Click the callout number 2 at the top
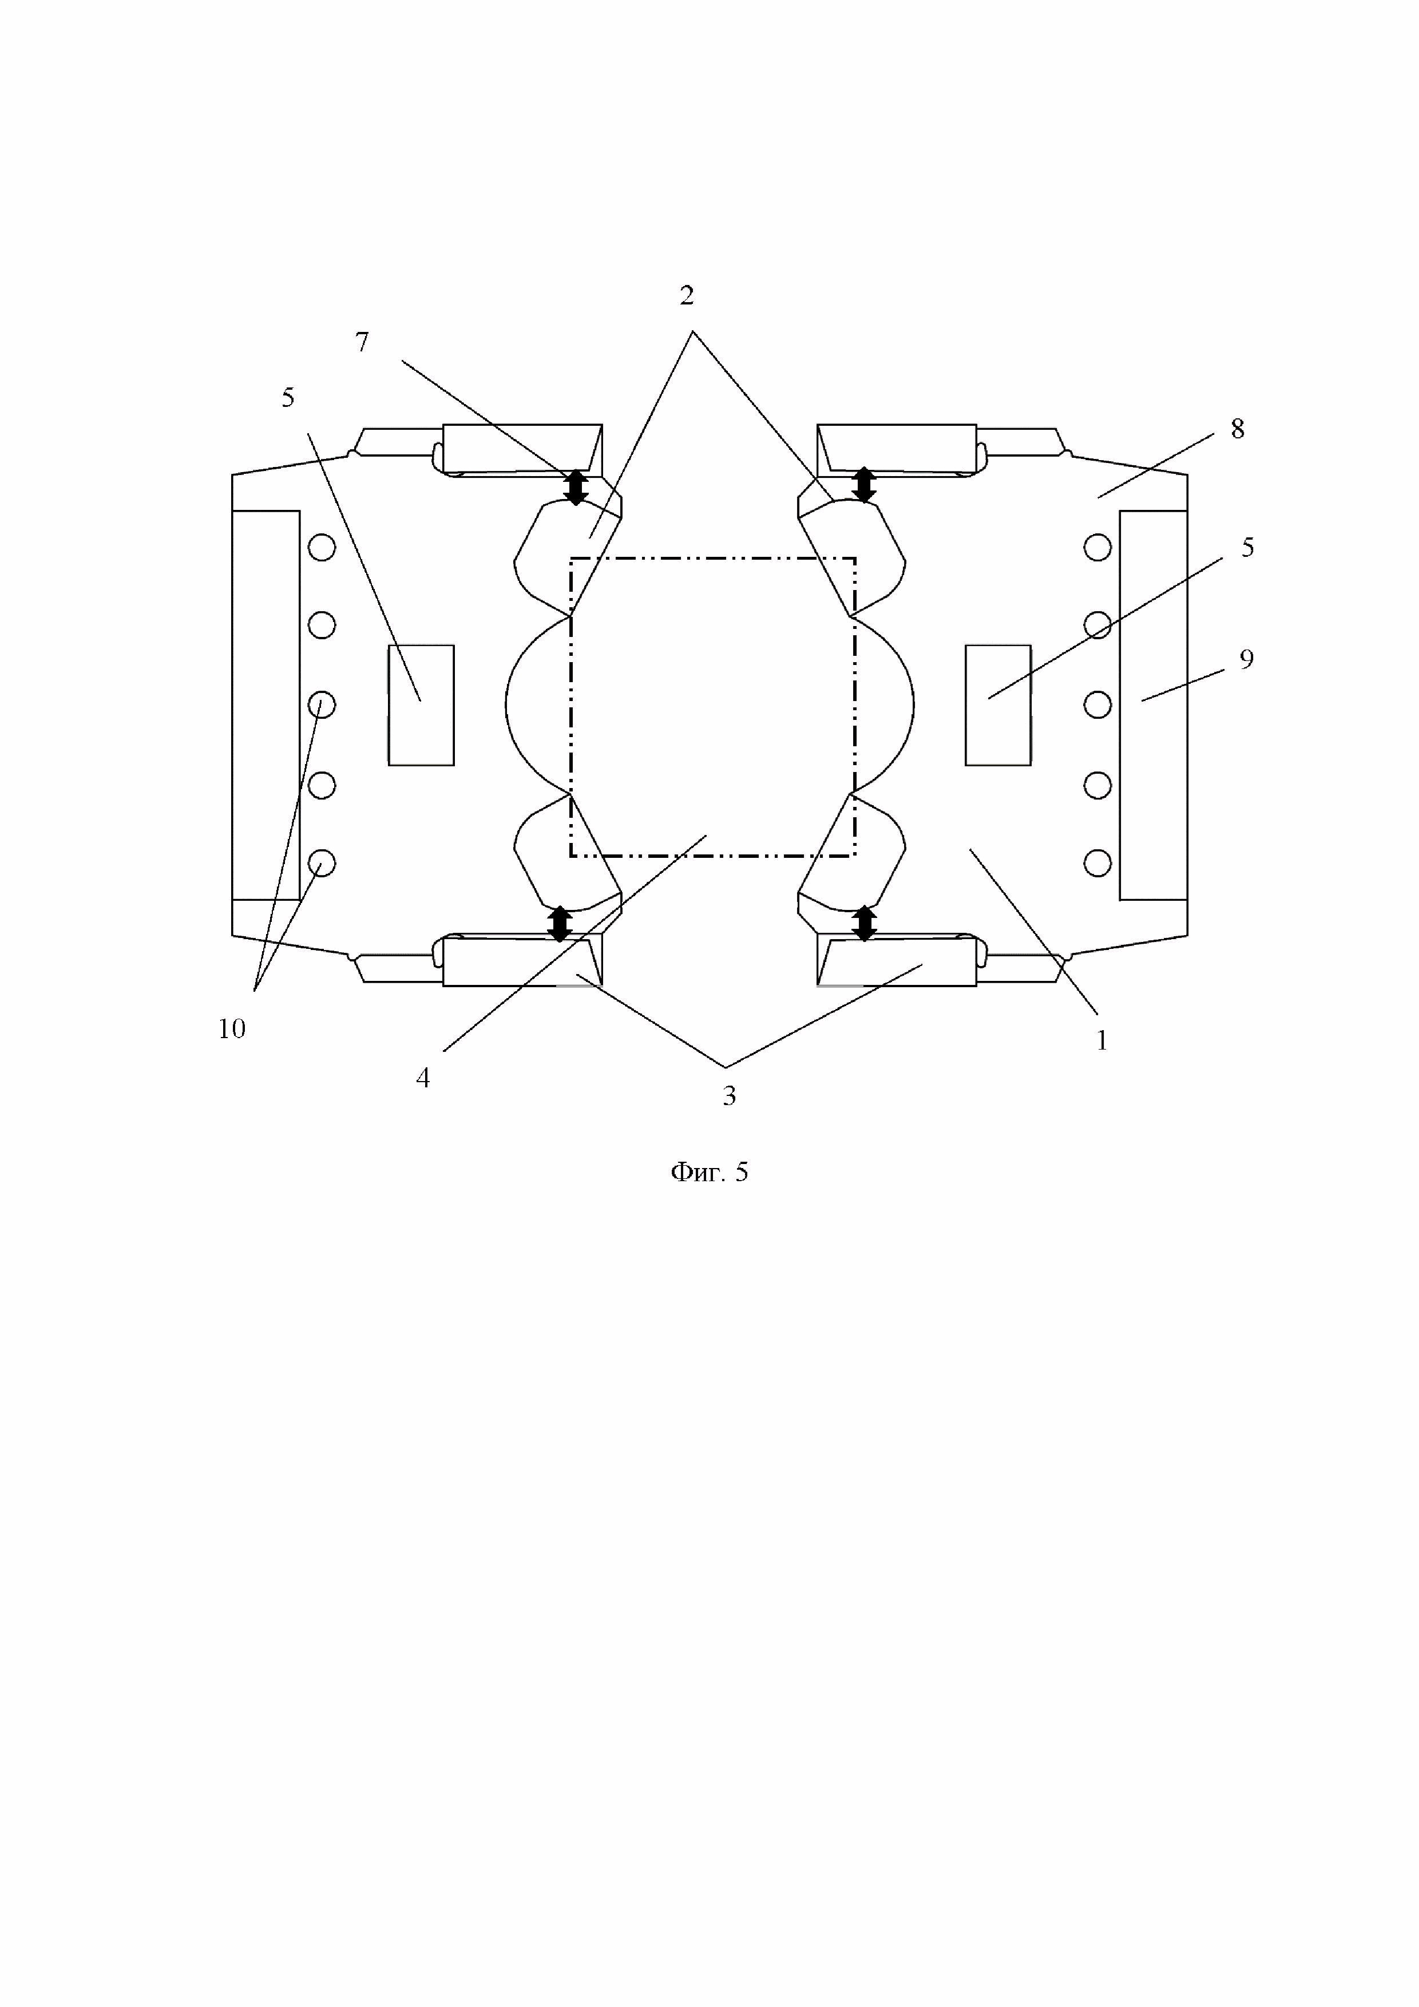[x=687, y=296]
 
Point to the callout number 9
[x=1247, y=659]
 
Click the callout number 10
[x=232, y=1030]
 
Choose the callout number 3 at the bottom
[x=730, y=1096]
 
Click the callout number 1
[x=1102, y=1041]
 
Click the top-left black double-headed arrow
[x=576, y=488]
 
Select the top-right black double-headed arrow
[x=864, y=484]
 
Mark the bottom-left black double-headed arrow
[x=559, y=924]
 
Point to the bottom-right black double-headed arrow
[x=864, y=923]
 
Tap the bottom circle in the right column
[x=1097, y=864]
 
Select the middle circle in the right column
[x=1097, y=704]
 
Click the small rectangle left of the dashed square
[x=421, y=706]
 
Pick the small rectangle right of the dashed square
[x=998, y=706]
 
